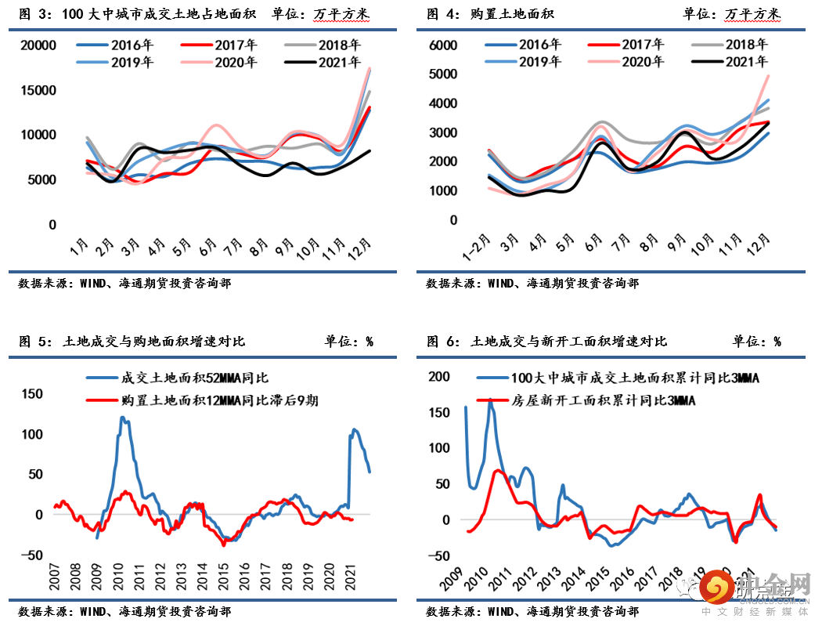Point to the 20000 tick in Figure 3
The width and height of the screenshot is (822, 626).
(38, 45)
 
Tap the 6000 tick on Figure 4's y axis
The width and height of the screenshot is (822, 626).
(443, 45)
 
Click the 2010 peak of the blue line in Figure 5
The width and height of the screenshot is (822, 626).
(123, 418)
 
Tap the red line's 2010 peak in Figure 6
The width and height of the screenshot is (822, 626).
(497, 471)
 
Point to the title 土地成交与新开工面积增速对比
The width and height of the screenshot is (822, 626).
(568, 342)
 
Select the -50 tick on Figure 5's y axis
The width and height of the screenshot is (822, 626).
(32, 555)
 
